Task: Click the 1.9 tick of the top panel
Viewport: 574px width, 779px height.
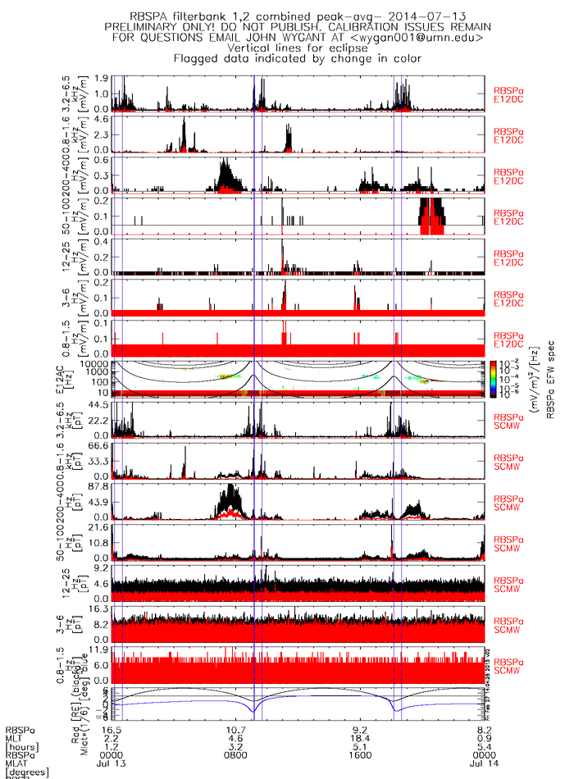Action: tap(103, 79)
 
